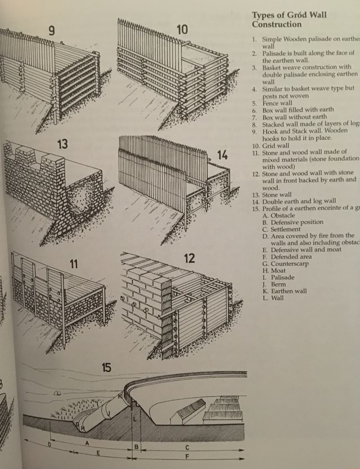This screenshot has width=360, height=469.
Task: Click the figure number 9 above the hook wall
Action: coord(51,31)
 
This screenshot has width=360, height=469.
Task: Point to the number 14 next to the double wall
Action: coord(222,154)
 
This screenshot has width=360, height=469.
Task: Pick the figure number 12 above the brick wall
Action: coord(189,258)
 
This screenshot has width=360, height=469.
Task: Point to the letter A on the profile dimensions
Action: coord(88,443)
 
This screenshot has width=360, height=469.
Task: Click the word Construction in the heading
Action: coord(277,25)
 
